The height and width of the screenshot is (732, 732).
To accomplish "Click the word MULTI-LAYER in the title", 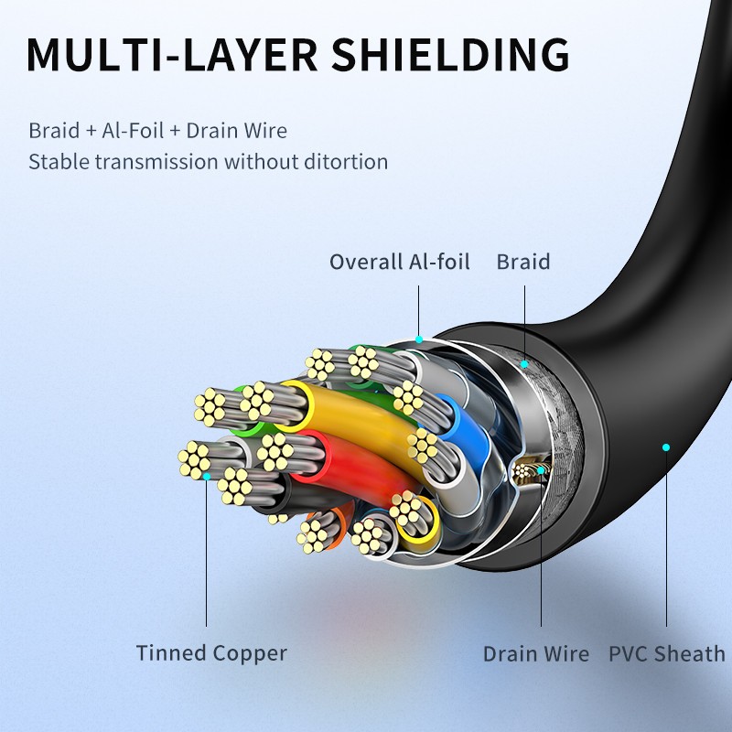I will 171,55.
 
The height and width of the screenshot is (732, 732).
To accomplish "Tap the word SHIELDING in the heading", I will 450,55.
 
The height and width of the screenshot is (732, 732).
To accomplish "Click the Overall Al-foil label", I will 399,263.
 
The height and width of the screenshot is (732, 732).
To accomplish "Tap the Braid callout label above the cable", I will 523,263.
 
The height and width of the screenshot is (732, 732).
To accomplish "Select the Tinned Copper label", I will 211,653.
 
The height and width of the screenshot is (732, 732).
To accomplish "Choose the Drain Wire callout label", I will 536,654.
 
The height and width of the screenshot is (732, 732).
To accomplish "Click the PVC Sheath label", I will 666,654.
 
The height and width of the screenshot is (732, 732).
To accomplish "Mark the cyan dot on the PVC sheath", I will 666,447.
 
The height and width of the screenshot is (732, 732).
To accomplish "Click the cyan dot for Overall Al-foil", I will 419,339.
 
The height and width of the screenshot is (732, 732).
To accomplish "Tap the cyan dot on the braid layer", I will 525,364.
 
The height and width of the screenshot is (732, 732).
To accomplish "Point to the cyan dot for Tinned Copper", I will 208,476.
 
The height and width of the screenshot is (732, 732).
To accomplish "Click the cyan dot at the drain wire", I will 542,470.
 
